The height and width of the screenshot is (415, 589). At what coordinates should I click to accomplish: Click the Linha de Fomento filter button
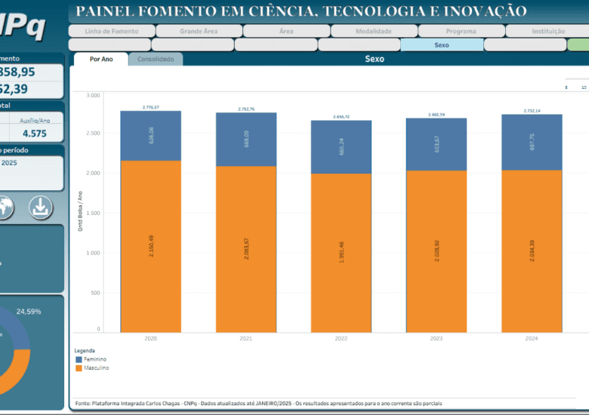tap(111, 32)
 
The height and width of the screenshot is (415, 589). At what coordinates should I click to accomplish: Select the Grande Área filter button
tap(199, 32)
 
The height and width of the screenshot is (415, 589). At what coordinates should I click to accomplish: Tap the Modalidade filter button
tap(373, 32)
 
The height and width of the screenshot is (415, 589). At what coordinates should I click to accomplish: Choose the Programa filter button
tap(461, 32)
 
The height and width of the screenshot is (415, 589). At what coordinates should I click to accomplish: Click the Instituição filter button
tap(547, 32)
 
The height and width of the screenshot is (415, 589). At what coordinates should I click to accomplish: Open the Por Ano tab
tap(101, 59)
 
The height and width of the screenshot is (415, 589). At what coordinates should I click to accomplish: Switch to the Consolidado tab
tap(156, 59)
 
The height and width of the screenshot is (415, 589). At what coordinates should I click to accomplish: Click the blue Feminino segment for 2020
tap(150, 136)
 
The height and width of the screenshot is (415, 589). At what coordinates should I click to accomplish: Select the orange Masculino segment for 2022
tap(341, 253)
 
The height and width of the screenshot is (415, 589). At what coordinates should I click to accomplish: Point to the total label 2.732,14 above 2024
tap(532, 111)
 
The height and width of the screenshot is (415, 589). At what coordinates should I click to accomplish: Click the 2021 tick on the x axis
tap(245, 340)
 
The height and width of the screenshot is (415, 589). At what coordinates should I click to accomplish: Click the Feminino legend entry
tap(94, 360)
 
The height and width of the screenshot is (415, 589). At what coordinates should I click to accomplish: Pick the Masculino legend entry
tap(95, 368)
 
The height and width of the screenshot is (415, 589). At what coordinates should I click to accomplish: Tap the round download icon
tap(41, 206)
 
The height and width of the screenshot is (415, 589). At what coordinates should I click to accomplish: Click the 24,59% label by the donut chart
tap(29, 311)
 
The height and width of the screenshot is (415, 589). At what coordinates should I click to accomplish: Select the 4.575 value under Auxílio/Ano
tap(34, 134)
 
